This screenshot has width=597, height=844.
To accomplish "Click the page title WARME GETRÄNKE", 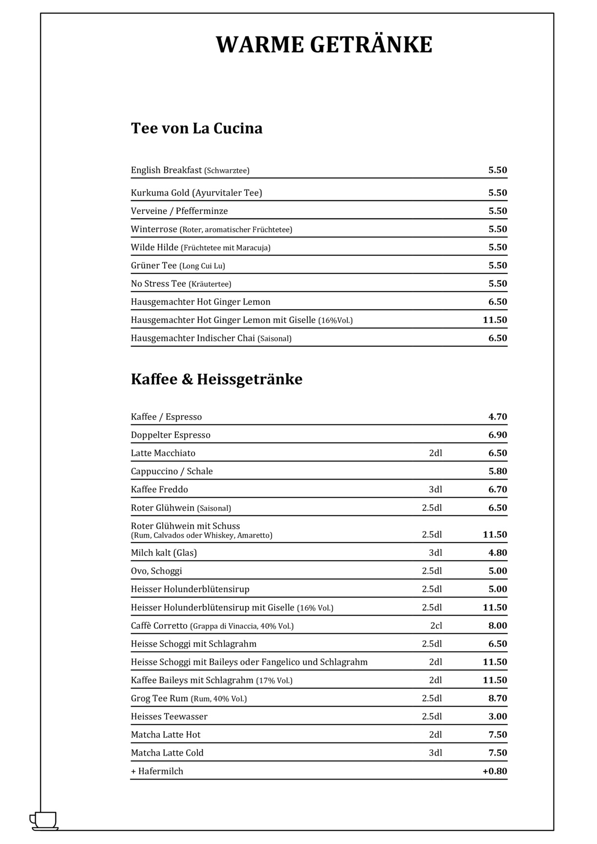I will [324, 45].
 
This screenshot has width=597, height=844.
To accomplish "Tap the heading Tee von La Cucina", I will [196, 128].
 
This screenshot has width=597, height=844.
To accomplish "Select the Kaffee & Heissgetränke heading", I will [216, 380].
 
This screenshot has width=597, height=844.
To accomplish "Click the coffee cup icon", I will [43, 820].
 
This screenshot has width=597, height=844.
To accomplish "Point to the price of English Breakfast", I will [497, 170].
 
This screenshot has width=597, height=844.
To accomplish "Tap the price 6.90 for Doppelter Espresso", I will [497, 435].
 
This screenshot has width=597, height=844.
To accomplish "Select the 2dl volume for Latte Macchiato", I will [435, 453].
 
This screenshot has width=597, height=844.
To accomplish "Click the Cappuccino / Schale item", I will [171, 471].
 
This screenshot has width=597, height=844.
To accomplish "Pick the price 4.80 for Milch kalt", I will [497, 553].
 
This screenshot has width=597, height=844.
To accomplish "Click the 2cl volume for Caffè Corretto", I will [436, 626].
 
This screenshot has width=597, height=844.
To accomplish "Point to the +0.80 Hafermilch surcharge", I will [494, 771].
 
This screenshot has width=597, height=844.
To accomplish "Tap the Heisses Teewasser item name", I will [169, 717].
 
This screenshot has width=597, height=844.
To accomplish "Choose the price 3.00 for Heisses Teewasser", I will [497, 717].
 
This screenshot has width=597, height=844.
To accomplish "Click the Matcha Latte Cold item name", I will [167, 753].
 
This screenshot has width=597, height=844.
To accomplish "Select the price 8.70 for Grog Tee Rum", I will [497, 698].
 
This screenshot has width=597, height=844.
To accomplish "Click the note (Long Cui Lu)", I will [202, 266].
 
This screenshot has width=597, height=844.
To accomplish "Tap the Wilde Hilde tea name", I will [154, 248].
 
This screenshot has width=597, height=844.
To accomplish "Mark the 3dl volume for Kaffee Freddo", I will [435, 489].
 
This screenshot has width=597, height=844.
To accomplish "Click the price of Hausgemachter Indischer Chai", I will [497, 338].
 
